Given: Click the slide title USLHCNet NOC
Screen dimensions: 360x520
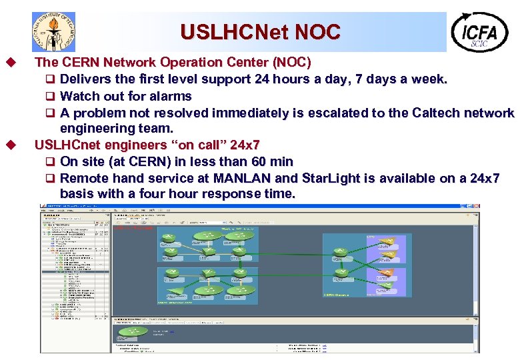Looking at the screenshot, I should pos(260,31).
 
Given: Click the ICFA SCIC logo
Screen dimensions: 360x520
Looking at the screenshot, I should pos(479,31).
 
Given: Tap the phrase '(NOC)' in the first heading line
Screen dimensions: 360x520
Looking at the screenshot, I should pos(291,63).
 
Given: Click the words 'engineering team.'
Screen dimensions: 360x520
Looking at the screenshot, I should pos(117,128).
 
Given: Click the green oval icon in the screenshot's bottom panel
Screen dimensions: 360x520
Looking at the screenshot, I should pos(137,331).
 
